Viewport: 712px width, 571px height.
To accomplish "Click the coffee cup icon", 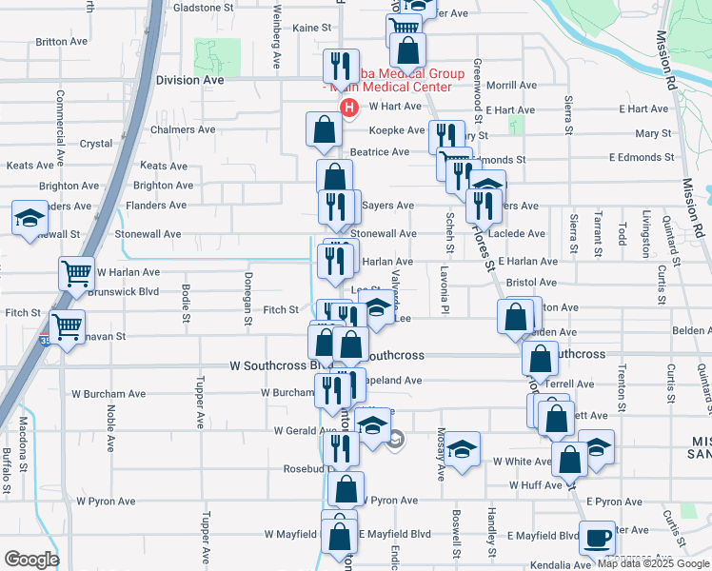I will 598,538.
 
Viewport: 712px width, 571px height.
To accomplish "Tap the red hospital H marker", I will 349,108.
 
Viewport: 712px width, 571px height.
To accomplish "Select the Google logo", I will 31,560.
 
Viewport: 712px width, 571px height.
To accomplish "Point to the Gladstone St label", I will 203,7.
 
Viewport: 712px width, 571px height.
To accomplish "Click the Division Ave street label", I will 189,81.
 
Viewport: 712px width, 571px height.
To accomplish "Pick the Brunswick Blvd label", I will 123,292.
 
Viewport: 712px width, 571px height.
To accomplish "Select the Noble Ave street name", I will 111,427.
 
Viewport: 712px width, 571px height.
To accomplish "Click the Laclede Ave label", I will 516,233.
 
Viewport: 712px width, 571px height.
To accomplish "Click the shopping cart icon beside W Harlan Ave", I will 76,273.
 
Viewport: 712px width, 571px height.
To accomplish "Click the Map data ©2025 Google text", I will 652,563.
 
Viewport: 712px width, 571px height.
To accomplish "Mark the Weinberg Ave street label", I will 277,47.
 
